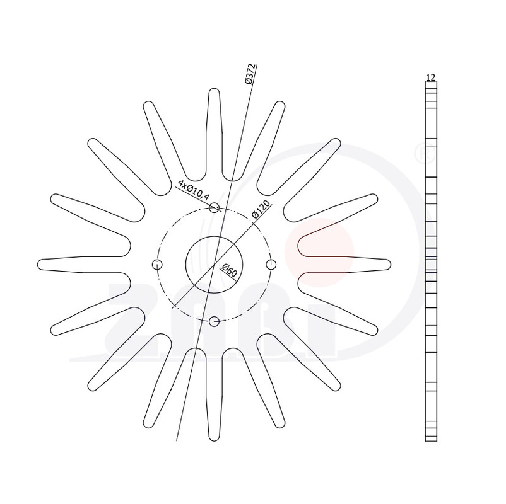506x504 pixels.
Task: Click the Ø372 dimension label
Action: tap(250, 74)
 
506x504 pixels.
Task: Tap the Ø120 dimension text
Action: tap(261, 210)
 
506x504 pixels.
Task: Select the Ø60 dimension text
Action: tap(230, 270)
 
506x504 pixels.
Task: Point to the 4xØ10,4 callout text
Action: tap(194, 190)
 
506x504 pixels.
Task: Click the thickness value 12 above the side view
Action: tap(431, 77)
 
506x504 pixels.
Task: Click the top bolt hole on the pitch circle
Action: tap(215, 207)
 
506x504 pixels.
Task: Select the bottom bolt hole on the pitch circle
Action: tap(215, 321)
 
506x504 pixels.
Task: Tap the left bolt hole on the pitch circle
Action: tap(157, 265)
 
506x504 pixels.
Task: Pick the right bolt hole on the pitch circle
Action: tap(271, 265)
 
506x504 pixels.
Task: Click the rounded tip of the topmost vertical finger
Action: tap(215, 89)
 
